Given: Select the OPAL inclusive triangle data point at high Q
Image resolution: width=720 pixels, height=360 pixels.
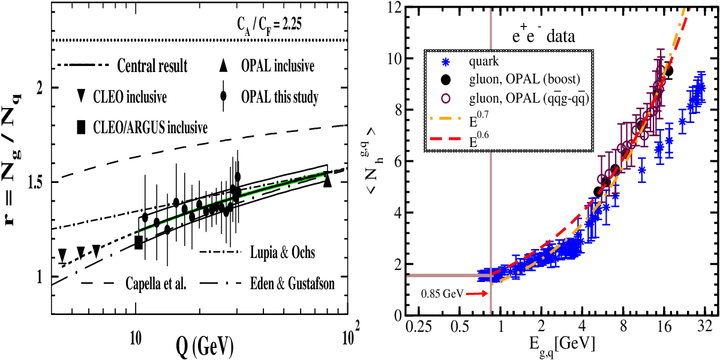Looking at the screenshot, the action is [x=327, y=181].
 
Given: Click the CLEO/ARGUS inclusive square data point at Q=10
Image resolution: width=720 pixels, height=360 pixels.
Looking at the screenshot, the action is [x=139, y=242].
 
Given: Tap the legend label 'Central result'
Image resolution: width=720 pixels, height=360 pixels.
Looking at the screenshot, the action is [x=152, y=66].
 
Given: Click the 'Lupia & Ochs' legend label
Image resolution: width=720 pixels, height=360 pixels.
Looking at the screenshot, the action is [x=283, y=253].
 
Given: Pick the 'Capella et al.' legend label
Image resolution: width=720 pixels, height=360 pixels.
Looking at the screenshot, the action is [x=156, y=284].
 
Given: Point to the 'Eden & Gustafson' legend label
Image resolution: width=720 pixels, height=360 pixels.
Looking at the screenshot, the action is [x=292, y=284].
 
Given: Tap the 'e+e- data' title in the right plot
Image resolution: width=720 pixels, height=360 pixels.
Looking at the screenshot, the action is [x=544, y=35].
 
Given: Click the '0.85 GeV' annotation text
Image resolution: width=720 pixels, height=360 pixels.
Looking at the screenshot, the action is [x=442, y=293].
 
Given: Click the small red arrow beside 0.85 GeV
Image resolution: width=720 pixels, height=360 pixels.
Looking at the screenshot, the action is [x=478, y=293].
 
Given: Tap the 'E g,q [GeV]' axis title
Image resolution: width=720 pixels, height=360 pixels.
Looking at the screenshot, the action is [x=562, y=347].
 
